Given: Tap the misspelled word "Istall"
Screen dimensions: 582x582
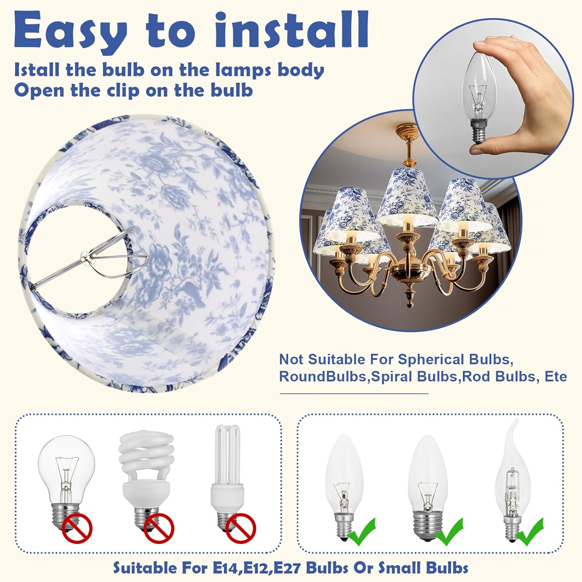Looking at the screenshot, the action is [x=37, y=70].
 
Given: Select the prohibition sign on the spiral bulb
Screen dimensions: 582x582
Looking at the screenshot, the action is [x=159, y=528].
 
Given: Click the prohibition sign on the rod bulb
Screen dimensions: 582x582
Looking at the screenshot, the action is [x=241, y=528].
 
